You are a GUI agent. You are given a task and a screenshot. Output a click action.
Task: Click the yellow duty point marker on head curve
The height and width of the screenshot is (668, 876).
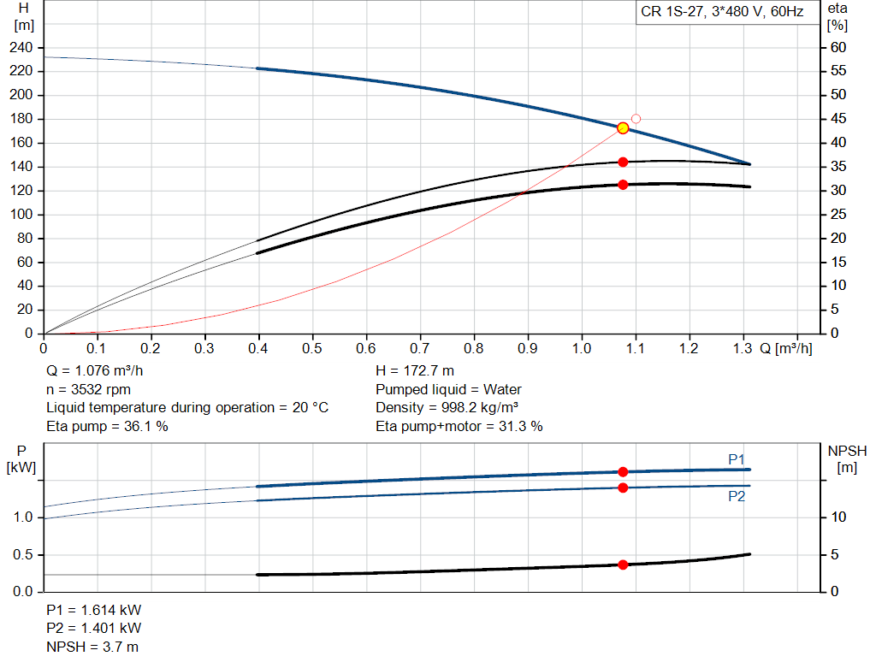623,128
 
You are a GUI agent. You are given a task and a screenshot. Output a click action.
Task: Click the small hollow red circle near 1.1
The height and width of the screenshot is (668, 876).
636,119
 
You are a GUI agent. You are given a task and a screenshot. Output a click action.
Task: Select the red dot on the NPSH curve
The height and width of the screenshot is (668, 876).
623,565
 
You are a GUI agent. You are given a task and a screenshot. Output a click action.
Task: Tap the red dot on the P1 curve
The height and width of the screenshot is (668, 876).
623,472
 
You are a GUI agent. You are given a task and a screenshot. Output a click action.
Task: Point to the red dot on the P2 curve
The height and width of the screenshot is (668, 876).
623,488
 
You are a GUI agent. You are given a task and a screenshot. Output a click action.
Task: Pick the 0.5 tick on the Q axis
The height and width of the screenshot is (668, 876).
312,348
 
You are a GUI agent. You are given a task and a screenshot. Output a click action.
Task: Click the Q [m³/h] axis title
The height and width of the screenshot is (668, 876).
785,348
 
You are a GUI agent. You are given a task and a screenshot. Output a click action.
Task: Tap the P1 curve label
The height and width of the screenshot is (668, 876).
737,460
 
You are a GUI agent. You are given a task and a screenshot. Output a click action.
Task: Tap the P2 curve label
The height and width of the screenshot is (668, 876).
737,496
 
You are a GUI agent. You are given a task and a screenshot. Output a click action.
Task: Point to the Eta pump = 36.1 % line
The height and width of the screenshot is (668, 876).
107,426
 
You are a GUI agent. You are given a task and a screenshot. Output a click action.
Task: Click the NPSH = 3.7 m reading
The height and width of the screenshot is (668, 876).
92,647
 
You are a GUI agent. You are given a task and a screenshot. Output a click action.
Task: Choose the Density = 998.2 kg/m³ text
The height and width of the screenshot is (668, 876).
447,408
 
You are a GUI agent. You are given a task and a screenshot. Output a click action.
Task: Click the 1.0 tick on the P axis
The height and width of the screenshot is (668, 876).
24,517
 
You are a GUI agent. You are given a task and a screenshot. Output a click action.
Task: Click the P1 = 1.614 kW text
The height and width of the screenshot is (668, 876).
94,611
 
